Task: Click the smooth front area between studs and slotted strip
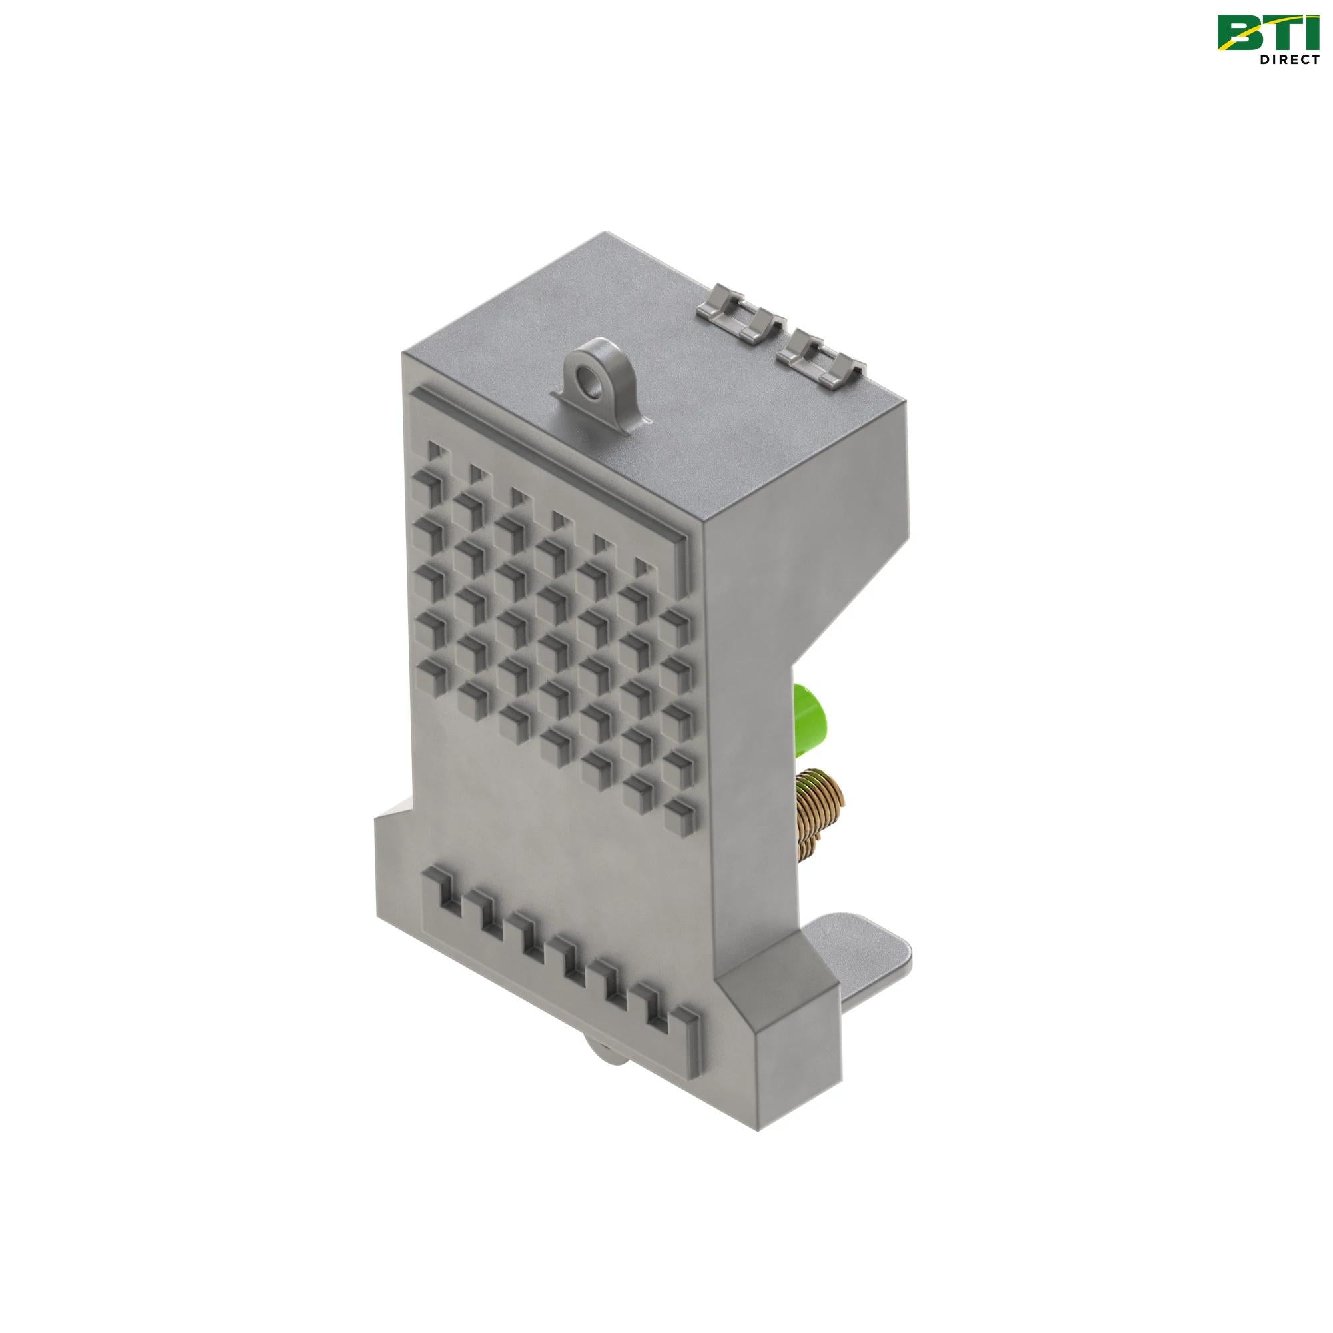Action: pos(552,828)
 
